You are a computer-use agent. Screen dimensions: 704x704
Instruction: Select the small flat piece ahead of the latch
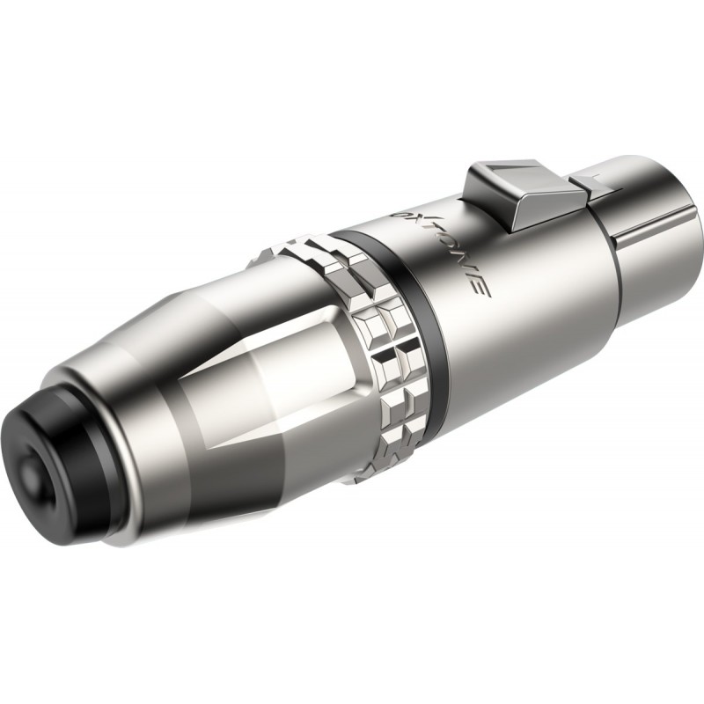point(586,181)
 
